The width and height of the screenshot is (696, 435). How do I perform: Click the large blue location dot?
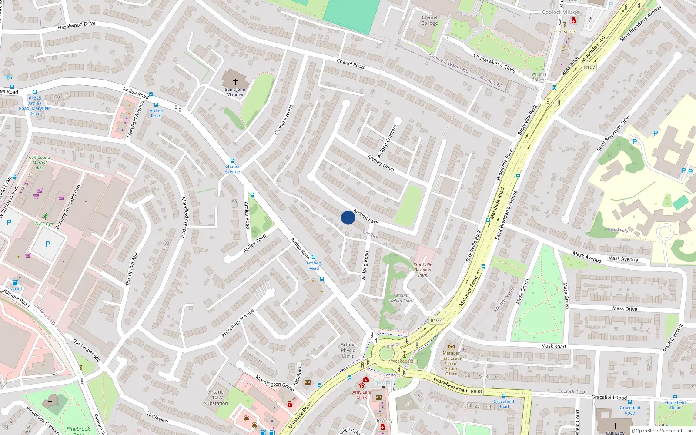348,217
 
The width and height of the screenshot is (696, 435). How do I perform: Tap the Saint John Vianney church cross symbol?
235,81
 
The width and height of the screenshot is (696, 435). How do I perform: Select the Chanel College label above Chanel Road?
429,20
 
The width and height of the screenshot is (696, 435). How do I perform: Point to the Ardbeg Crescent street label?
387,141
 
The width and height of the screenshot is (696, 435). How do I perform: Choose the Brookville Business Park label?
422,270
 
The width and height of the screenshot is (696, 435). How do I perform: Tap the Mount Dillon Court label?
402,298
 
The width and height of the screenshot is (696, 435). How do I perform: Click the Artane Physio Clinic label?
348,350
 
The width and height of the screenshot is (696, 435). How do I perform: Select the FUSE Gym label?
45,224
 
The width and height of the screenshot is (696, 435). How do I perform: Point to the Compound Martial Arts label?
40,162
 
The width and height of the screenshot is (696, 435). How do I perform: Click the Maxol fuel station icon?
16,282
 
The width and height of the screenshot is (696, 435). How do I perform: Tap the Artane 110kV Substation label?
216,398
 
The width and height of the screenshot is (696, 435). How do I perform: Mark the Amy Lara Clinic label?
362,395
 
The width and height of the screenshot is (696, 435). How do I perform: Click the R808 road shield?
476,391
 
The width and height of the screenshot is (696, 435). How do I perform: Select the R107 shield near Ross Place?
589,67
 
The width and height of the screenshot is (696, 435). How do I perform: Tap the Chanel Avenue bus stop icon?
232,161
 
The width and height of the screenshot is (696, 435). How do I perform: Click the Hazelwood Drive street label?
77,26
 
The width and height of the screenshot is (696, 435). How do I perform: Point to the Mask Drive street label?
625,308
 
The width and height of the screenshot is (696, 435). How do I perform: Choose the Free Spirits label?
565,32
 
